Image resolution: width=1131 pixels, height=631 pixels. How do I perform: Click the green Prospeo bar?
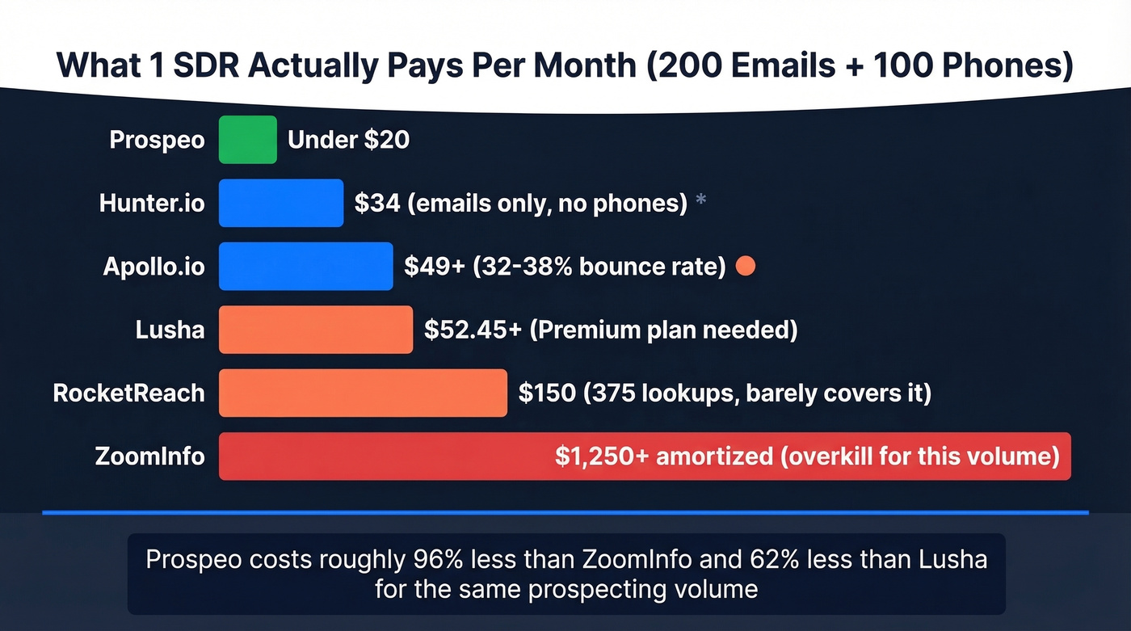[x=247, y=140]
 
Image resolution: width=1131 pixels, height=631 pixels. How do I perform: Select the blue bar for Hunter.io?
[x=280, y=203]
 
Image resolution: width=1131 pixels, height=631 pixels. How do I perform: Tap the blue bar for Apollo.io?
[x=305, y=266]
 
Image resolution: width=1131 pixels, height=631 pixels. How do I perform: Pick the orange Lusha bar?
[x=315, y=330]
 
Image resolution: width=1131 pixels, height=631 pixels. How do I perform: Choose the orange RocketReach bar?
[x=363, y=393]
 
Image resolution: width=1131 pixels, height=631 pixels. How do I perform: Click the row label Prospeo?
[x=157, y=140]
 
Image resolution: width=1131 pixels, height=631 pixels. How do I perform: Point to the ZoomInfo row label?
[x=149, y=456]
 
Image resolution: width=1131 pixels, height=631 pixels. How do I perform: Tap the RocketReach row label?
[x=128, y=393]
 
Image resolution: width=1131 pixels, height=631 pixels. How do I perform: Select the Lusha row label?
[x=170, y=330]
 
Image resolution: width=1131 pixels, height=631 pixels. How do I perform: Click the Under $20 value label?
[x=348, y=140]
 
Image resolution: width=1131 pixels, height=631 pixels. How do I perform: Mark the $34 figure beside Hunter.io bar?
[x=376, y=203]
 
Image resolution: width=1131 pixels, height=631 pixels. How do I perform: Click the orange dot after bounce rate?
[x=746, y=266]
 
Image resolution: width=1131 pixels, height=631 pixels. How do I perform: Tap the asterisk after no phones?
[x=700, y=200]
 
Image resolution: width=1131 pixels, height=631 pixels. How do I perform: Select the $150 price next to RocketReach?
[x=542, y=393]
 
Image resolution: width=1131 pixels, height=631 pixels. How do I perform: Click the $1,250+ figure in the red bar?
[x=601, y=456]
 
